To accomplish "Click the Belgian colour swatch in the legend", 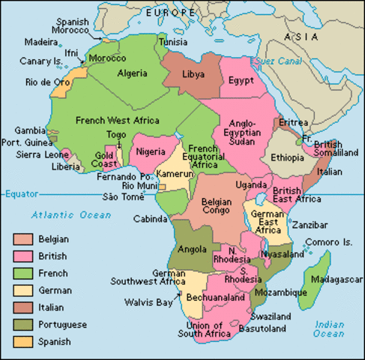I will [22, 239].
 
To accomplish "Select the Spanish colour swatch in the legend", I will [22, 341].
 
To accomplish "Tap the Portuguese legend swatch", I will [22, 324].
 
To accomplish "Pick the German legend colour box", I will [22, 290].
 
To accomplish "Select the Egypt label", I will [241, 80].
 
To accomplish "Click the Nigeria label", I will [151, 151].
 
